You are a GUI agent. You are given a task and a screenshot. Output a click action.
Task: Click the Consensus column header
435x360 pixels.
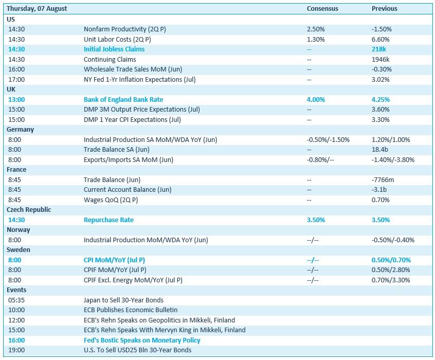tap(322, 9)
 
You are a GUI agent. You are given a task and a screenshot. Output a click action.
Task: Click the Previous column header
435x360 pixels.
tap(385, 9)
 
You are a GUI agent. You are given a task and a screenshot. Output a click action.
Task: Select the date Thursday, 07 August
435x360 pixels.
tap(37, 9)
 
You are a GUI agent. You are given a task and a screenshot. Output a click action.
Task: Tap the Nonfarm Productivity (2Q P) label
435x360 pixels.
tap(125, 29)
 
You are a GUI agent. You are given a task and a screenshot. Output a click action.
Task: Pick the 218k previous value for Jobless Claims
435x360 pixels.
tap(378, 49)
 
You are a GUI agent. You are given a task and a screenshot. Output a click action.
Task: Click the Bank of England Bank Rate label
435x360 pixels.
tap(123, 100)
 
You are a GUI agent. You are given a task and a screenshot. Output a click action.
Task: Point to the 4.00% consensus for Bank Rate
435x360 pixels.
tap(316, 100)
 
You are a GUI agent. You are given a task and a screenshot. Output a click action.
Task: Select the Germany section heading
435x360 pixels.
tap(20, 130)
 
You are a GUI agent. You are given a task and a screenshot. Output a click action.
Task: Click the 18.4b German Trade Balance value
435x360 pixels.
tap(380, 150)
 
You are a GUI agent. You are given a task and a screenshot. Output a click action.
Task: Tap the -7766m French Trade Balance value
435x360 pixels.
tap(383, 180)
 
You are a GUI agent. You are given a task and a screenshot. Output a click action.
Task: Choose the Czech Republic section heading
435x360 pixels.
tap(29, 210)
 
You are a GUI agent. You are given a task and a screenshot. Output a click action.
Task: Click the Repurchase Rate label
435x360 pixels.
tap(109, 220)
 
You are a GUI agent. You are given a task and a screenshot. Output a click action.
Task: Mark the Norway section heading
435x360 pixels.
tap(19, 230)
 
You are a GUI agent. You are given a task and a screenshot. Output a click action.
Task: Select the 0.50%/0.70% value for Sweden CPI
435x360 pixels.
tap(391, 260)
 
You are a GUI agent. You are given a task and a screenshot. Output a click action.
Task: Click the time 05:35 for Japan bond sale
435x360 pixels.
tap(16, 300)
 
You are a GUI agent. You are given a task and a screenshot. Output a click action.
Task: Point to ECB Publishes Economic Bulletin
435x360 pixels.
tap(131, 310)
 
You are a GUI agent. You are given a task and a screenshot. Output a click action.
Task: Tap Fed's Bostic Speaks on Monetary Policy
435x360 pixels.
tap(142, 340)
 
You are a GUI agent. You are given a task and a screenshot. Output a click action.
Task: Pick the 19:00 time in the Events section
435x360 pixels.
tap(16, 350)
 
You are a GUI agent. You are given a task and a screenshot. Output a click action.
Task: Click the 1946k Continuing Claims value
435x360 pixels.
tap(380, 59)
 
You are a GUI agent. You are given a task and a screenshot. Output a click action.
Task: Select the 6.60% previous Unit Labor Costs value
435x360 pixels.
tap(380, 40)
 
